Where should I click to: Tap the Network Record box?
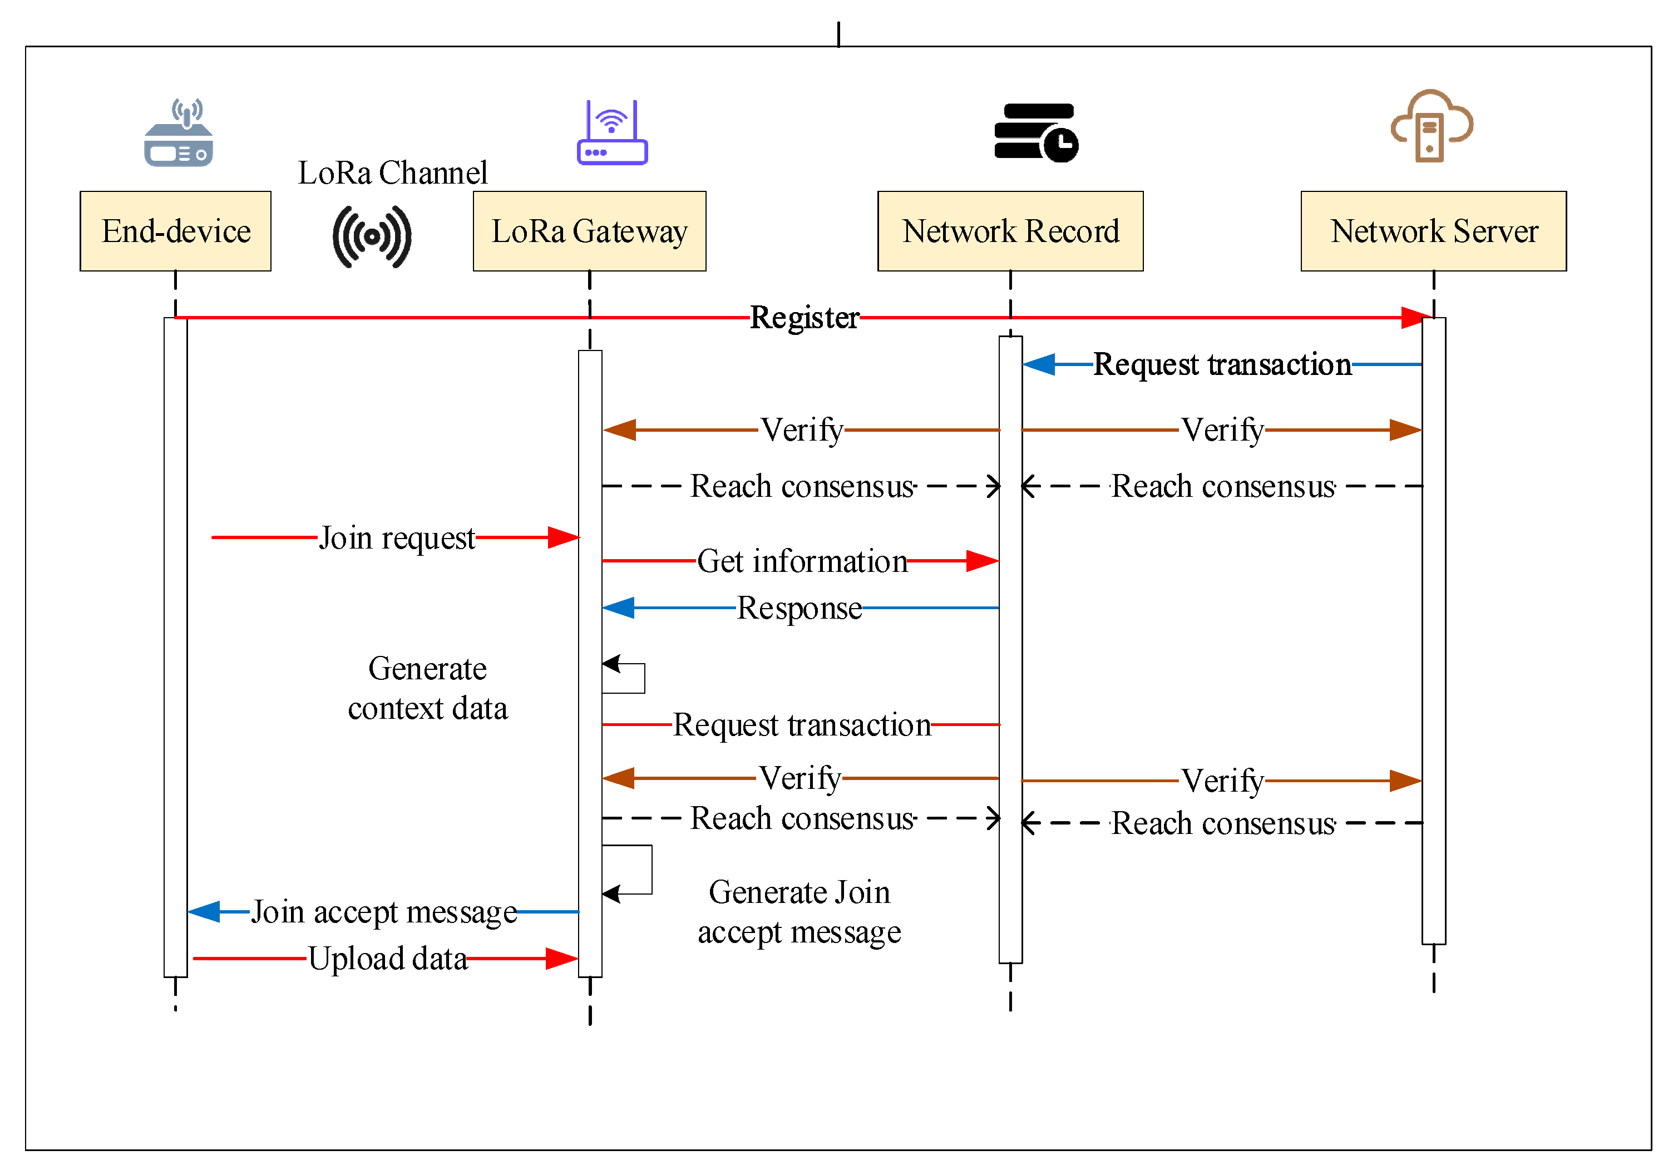pos(1010,231)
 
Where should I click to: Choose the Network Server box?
pos(1433,231)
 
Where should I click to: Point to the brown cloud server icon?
pos(1431,126)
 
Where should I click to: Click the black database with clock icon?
pos(1035,132)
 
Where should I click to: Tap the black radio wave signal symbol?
pos(372,237)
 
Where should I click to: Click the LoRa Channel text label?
pos(392,172)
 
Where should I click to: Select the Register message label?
pos(805,318)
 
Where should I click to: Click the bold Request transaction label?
pos(1222,364)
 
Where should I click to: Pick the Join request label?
pos(397,539)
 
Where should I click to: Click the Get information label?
pos(802,562)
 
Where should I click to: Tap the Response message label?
pos(800,608)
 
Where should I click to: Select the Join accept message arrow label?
pos(384,912)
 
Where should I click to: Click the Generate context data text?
pos(428,688)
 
